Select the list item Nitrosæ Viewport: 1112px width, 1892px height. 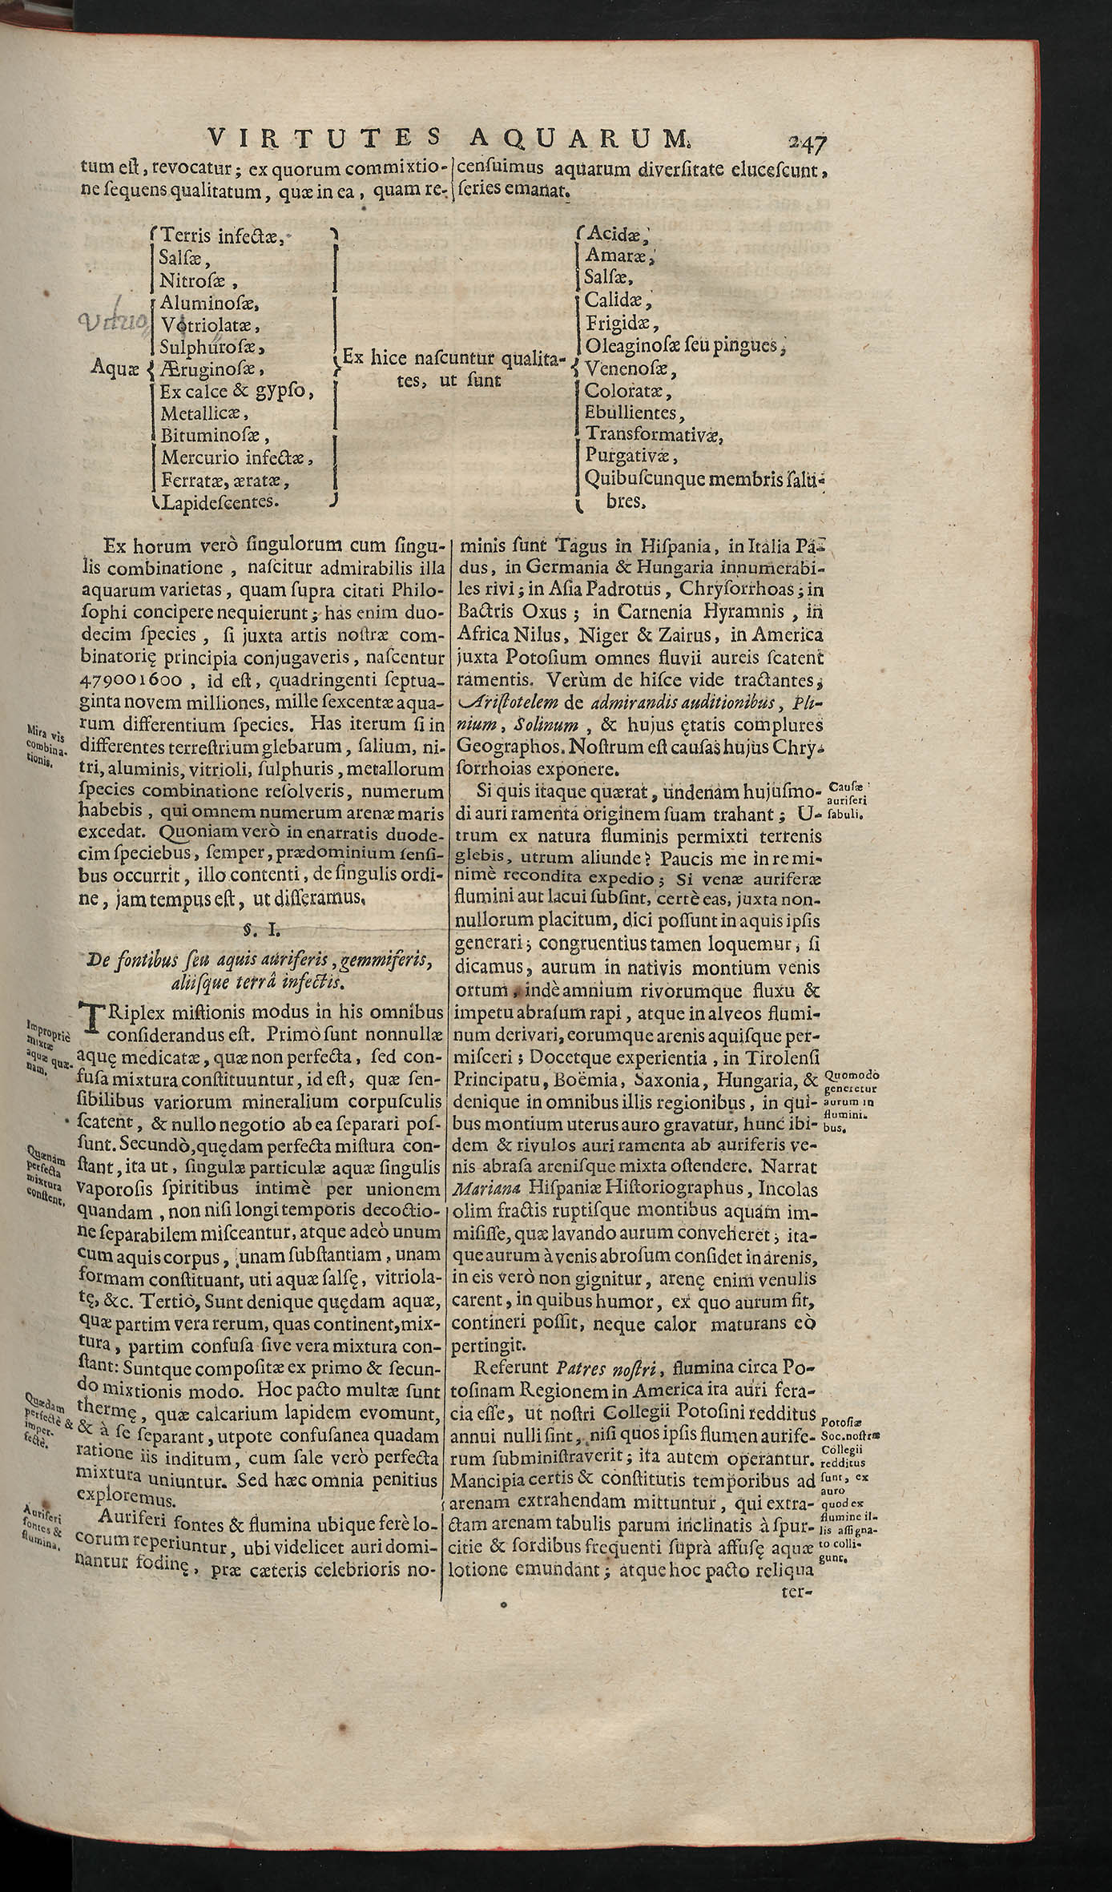pyautogui.click(x=197, y=280)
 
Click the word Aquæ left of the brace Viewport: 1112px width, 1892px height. pyautogui.click(x=115, y=369)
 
